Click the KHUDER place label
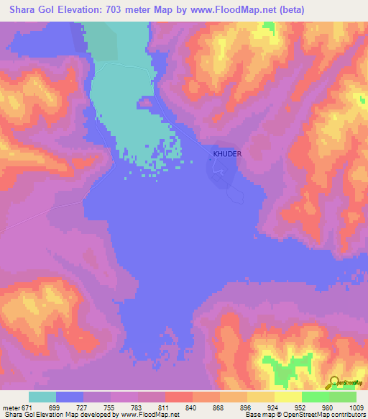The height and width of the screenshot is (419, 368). click(227, 154)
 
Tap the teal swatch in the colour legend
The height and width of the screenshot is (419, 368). click(42, 396)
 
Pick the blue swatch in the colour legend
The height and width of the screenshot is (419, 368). click(70, 396)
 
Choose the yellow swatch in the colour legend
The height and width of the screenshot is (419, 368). click(287, 396)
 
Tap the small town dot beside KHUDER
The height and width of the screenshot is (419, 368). click(210, 160)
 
